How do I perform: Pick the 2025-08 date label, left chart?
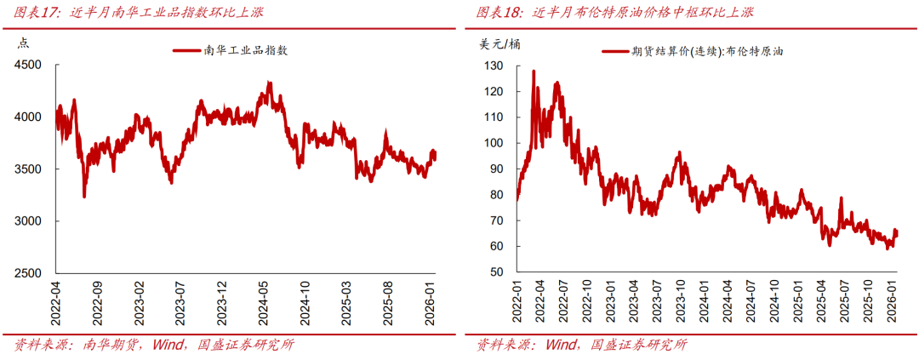point(389,303)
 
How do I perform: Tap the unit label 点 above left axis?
point(24,43)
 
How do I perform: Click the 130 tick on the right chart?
point(494,66)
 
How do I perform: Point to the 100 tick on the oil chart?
point(494,143)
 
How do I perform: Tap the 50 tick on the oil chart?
point(498,272)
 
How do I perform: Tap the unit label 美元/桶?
point(499,43)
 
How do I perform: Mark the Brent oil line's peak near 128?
point(534,71)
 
